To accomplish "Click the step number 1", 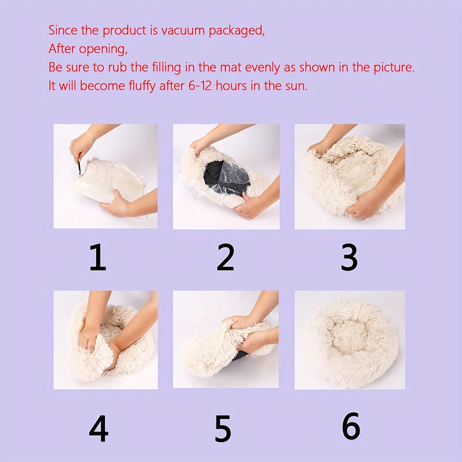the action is (x=98, y=257).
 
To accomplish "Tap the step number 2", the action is (x=226, y=257).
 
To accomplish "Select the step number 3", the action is (x=350, y=257).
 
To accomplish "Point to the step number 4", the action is (x=98, y=429).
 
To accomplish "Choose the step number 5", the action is (x=223, y=429).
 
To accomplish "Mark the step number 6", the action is (x=351, y=426).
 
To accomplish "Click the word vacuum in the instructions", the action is (x=183, y=30).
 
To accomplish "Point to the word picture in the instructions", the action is (x=394, y=68).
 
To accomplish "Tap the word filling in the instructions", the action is (x=166, y=68).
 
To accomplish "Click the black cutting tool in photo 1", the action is (x=79, y=168).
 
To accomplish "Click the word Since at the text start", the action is (x=63, y=30).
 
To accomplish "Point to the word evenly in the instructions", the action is (x=263, y=68).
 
